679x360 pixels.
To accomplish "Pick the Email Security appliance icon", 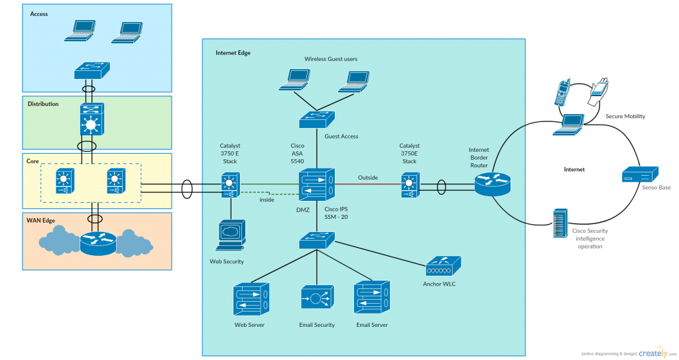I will [x=316, y=299].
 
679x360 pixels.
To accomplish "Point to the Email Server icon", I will [x=372, y=299].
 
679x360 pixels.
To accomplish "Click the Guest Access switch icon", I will [x=316, y=119].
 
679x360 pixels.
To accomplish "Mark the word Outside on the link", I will [x=368, y=178].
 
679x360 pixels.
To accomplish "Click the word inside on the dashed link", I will [x=267, y=199].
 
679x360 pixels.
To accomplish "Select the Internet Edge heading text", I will [x=233, y=52].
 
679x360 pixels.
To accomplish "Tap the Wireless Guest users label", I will [x=331, y=59].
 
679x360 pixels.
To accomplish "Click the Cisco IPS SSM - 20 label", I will [x=337, y=213].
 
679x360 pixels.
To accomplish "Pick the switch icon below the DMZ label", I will [x=316, y=241].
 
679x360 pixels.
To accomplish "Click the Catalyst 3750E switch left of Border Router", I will [x=409, y=185].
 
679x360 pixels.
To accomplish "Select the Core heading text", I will [x=32, y=161].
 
